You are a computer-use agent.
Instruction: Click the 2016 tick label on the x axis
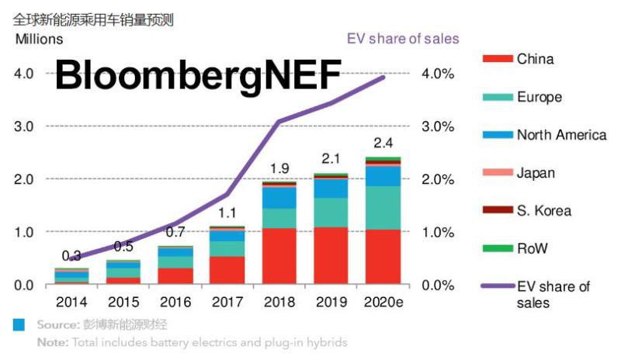coord(175,302)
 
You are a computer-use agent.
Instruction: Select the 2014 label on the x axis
coord(71,302)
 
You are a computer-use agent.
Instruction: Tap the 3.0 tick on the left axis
coord(23,126)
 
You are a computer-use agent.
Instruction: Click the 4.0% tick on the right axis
coord(439,74)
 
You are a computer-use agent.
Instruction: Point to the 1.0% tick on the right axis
coord(439,232)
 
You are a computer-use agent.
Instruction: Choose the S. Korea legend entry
coord(543,210)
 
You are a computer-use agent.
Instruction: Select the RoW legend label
coord(533,248)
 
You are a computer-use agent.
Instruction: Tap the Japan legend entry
coord(536,173)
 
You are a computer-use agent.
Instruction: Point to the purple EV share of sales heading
coord(401,38)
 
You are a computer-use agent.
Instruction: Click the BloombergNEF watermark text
coord(198,74)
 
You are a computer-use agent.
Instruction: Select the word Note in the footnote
coord(51,342)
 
